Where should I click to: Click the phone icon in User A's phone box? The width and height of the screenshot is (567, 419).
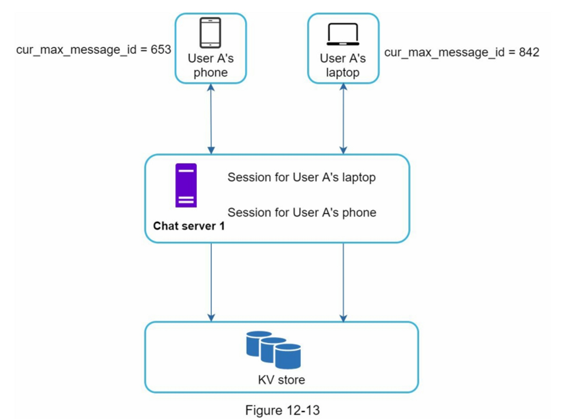[x=210, y=33]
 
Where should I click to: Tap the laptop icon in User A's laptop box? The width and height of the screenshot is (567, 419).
[x=343, y=34]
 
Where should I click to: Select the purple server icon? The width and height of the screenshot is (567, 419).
[x=186, y=185]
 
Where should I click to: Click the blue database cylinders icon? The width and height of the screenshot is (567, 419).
[x=273, y=350]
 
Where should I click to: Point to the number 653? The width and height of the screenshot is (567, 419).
[x=161, y=50]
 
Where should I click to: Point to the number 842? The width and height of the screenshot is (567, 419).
[x=529, y=52]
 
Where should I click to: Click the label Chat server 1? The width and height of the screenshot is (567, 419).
[x=189, y=226]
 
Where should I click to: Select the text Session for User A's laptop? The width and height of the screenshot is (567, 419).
[x=302, y=177]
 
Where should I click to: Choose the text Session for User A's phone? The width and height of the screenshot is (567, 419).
[x=302, y=212]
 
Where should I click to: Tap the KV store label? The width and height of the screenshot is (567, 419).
[x=281, y=380]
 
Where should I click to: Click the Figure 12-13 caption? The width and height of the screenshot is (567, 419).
[x=282, y=410]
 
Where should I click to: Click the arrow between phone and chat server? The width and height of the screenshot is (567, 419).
[x=211, y=119]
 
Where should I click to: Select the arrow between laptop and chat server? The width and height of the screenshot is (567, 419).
[x=343, y=119]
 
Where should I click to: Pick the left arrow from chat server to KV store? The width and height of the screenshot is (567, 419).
[x=211, y=282]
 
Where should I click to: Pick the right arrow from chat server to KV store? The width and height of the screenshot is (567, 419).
[x=343, y=282]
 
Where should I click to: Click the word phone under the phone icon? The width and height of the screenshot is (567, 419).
[x=210, y=73]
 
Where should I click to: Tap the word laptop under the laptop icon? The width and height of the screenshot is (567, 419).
[x=343, y=73]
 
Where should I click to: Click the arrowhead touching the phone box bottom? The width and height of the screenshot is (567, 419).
[x=211, y=87]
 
